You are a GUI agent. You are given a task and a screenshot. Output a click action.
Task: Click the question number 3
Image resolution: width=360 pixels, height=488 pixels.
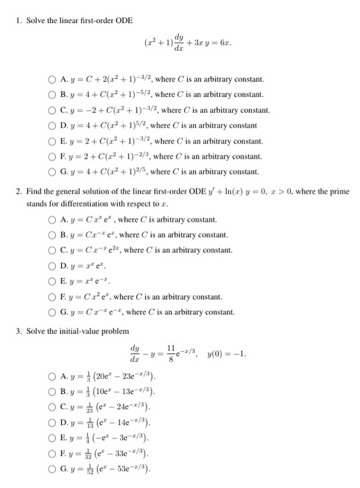pyautogui.click(x=18, y=329)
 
